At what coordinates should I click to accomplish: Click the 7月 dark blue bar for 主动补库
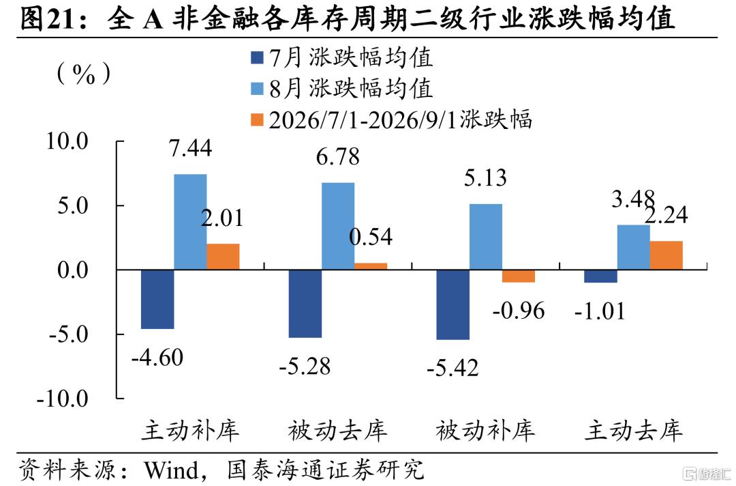pyautogui.click(x=157, y=300)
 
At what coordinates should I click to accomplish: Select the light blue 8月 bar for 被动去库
pyautogui.click(x=338, y=226)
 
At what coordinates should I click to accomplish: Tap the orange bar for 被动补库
pyautogui.click(x=519, y=276)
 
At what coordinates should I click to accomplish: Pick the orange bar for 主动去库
pyautogui.click(x=666, y=255)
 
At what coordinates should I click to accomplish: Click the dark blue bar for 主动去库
pyautogui.click(x=600, y=276)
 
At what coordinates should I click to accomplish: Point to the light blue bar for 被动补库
pyautogui.click(x=486, y=237)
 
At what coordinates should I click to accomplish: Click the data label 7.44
pyautogui.click(x=191, y=148)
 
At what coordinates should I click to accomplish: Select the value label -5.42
pyautogui.click(x=453, y=367)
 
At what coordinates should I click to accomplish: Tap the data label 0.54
pyautogui.click(x=371, y=236)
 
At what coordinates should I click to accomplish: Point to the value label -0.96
pyautogui.click(x=519, y=311)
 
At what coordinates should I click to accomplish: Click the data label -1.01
pyautogui.click(x=600, y=311)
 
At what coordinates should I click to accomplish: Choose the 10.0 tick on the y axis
pyautogui.click(x=67, y=141)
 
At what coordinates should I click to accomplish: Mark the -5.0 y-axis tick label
pyautogui.click(x=69, y=334)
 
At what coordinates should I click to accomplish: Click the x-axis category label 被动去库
pyautogui.click(x=337, y=430)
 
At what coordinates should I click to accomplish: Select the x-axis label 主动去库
pyautogui.click(x=633, y=430)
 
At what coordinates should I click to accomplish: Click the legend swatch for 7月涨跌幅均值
pyautogui.click(x=257, y=58)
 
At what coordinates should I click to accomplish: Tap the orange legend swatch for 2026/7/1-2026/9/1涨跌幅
pyautogui.click(x=257, y=120)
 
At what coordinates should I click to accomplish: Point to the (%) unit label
pyautogui.click(x=84, y=74)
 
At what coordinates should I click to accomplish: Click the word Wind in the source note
pyautogui.click(x=171, y=470)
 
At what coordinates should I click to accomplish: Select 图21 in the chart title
pyautogui.click(x=48, y=19)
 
